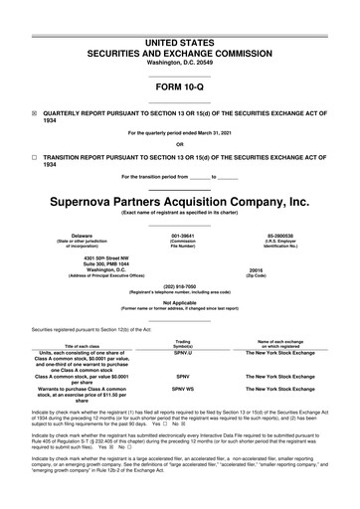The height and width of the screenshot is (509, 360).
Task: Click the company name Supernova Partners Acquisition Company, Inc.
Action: click(x=179, y=199)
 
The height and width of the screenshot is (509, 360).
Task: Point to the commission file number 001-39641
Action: click(x=182, y=237)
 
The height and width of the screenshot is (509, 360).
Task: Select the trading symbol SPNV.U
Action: click(x=182, y=352)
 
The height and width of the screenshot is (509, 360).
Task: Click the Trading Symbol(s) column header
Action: click(x=182, y=341)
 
